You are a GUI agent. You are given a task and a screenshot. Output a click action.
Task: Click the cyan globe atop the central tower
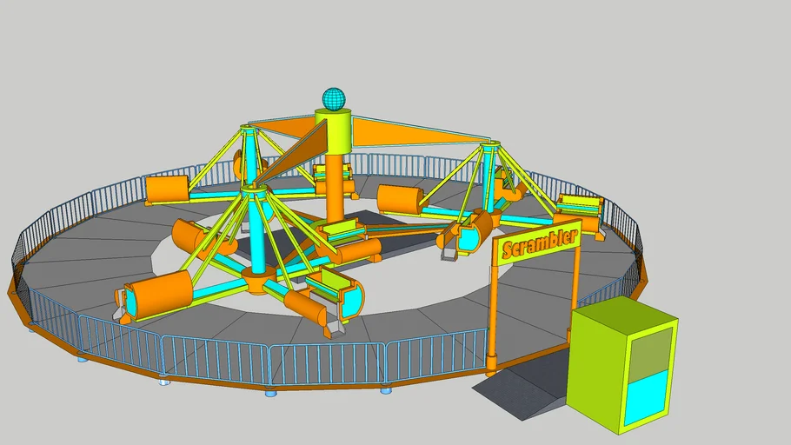334,98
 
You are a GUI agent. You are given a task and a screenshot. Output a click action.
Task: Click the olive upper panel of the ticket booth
651,351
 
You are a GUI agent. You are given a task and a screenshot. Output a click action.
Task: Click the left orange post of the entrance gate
493,312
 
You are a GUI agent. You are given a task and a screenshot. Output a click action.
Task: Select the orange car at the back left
168,189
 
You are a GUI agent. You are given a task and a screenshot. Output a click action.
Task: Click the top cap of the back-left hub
249,130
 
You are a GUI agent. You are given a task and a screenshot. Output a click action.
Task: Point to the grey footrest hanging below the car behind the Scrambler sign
449,253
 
